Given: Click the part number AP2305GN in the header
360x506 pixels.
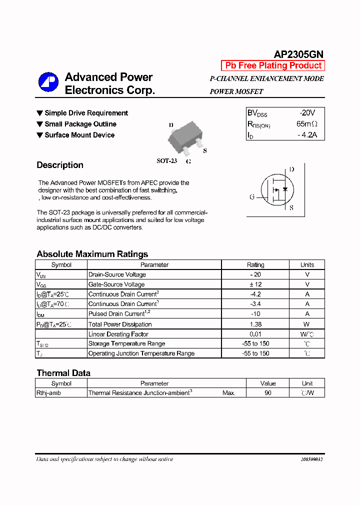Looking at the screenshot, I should [x=298, y=54].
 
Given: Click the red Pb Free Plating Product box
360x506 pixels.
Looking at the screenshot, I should [x=273, y=65].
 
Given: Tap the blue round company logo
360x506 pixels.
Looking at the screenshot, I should [x=48, y=83].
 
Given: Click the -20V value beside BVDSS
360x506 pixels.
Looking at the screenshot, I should [x=306, y=113].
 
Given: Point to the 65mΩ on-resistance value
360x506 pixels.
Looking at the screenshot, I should [x=306, y=124].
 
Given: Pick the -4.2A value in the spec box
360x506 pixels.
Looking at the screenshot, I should [x=306, y=135].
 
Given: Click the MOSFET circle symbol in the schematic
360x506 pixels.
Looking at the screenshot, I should [x=276, y=189].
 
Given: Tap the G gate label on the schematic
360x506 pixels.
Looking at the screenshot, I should [x=252, y=197].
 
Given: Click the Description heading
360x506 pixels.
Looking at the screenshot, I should [x=60, y=165].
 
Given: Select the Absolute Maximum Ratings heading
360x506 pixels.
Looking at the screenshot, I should [x=92, y=254].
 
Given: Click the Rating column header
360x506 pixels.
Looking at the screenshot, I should [x=255, y=265].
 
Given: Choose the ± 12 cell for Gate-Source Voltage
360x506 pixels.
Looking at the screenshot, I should [x=255, y=284].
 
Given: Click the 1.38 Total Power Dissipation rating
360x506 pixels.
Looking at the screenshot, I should [x=255, y=324].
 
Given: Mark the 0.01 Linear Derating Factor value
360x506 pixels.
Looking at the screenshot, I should [x=255, y=334].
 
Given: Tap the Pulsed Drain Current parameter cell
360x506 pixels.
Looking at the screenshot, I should [x=116, y=314].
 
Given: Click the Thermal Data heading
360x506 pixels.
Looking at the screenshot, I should [x=63, y=373].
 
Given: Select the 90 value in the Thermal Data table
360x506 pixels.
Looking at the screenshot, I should [x=268, y=393].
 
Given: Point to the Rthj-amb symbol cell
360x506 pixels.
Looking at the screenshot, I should [x=49, y=393].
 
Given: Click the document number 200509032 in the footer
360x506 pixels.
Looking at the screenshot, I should [x=312, y=459].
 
